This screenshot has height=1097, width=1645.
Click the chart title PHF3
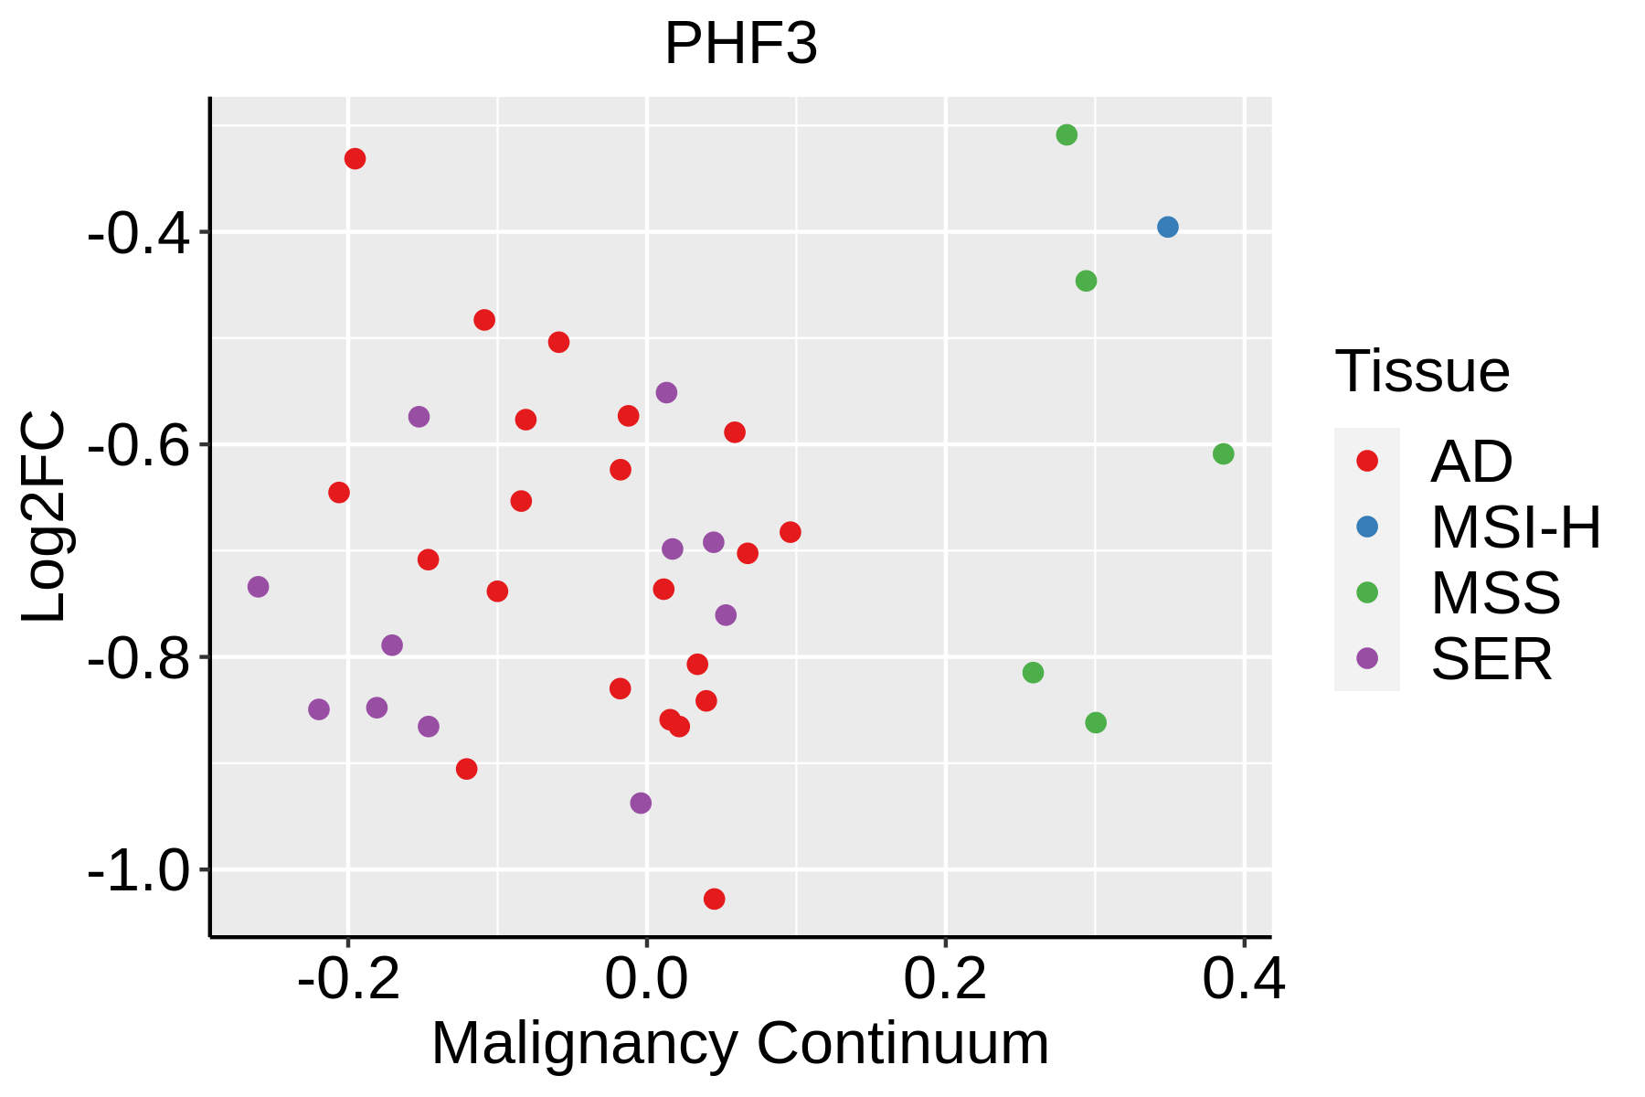740,44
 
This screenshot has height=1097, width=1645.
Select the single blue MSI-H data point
1167,227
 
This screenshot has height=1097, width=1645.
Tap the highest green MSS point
1066,135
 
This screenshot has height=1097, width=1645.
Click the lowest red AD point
714,899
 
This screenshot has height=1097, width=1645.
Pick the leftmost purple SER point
258,586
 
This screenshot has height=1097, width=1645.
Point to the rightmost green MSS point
1223,453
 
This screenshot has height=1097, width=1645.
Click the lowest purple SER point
641,803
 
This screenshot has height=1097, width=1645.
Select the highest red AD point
355,159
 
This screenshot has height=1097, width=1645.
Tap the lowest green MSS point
1095,722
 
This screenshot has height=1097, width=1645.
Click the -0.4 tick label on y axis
139,234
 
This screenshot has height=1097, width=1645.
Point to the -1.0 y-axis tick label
139,871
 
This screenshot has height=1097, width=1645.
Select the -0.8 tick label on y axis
139,659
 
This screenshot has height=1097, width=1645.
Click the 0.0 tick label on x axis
646,978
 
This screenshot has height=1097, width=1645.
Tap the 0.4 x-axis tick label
1243,978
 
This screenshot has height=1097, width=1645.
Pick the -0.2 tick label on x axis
348,978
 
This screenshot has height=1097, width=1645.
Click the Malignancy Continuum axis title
739,1043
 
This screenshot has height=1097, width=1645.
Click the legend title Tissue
1422,371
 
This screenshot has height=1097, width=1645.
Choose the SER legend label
1491,659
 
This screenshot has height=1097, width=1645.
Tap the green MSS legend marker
1366,592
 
